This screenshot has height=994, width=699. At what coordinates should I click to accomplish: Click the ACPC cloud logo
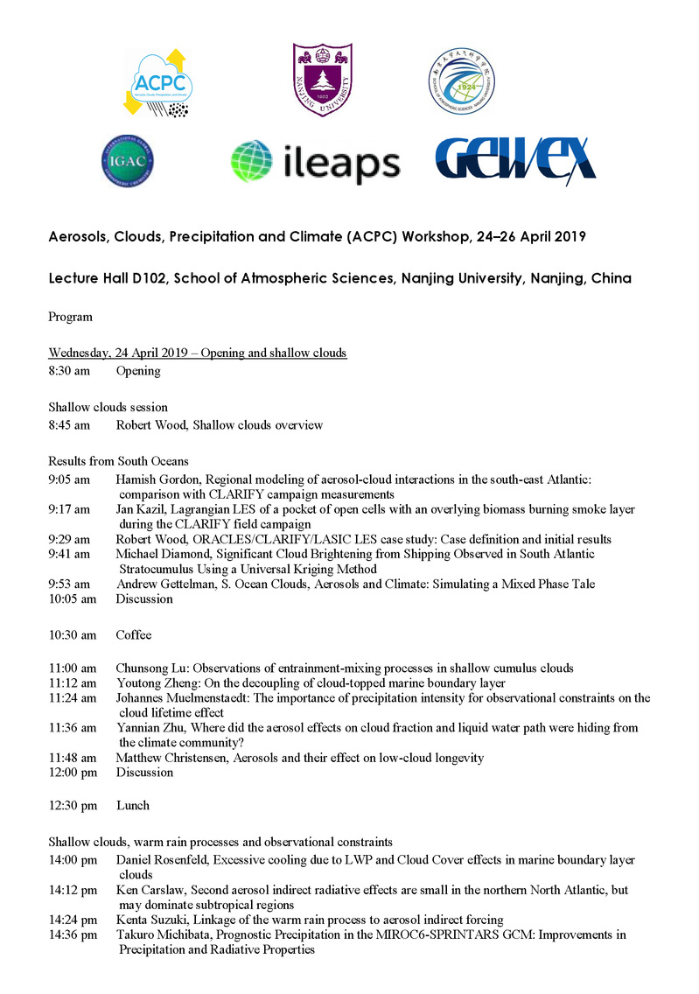tap(165, 83)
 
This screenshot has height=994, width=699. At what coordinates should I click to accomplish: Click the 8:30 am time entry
tap(69, 370)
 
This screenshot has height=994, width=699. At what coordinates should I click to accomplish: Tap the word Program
tap(71, 316)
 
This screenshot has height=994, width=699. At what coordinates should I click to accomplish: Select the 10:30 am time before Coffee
tap(72, 634)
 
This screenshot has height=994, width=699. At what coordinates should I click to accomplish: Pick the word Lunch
tap(133, 805)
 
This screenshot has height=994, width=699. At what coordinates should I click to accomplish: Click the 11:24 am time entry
tap(72, 698)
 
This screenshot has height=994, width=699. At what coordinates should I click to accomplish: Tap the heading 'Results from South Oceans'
tap(119, 460)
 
